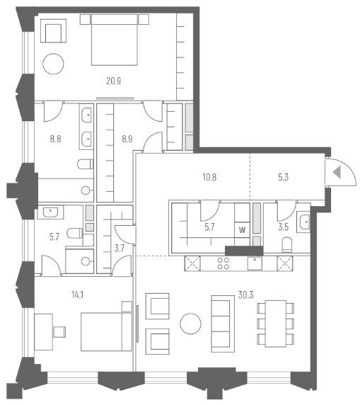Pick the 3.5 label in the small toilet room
(x=282, y=229)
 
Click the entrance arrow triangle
(x=337, y=172)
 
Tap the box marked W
(x=242, y=229)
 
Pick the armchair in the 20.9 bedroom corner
(x=53, y=31)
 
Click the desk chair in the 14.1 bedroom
(x=59, y=331)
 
